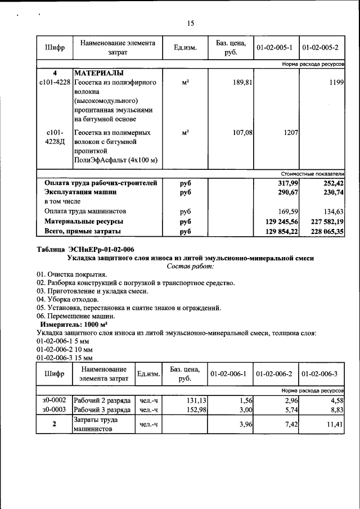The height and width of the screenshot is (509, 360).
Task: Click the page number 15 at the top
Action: [x=190, y=23]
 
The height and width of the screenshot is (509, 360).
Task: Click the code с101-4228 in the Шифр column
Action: [x=55, y=83]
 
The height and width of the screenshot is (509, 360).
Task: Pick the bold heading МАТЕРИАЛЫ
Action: [x=98, y=73]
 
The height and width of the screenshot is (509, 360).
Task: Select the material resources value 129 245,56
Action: [x=282, y=221]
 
